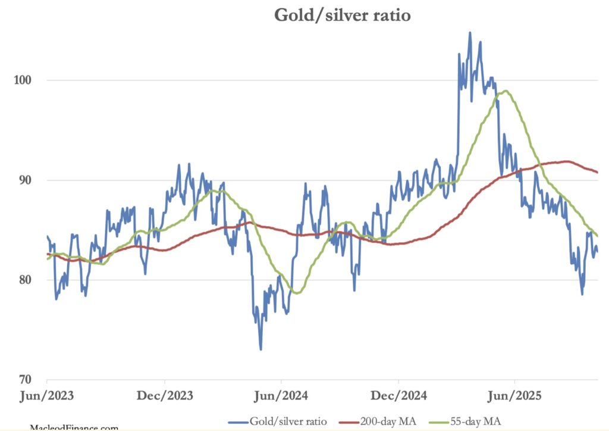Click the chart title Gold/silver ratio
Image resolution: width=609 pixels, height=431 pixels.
[x=342, y=15]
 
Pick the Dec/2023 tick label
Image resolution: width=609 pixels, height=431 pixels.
[x=164, y=395]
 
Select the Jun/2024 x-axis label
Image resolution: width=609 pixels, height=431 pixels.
[x=281, y=395]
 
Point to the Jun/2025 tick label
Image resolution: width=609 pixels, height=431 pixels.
[x=515, y=395]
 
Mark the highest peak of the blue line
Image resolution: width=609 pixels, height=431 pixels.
[x=470, y=33]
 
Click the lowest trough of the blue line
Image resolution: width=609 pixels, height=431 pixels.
[x=260, y=349]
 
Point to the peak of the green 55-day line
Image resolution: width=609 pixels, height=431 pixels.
[x=506, y=91]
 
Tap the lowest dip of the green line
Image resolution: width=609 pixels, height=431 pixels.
[x=296, y=293]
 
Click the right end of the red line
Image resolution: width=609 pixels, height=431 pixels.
[x=597, y=172]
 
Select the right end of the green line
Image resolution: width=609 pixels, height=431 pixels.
[x=597, y=235]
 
